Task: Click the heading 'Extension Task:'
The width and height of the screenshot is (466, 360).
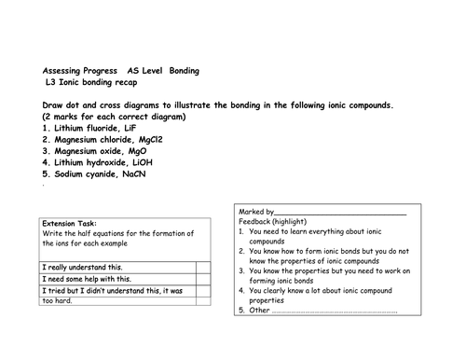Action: (x=68, y=224)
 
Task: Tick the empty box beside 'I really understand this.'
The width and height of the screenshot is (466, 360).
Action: (x=202, y=267)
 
